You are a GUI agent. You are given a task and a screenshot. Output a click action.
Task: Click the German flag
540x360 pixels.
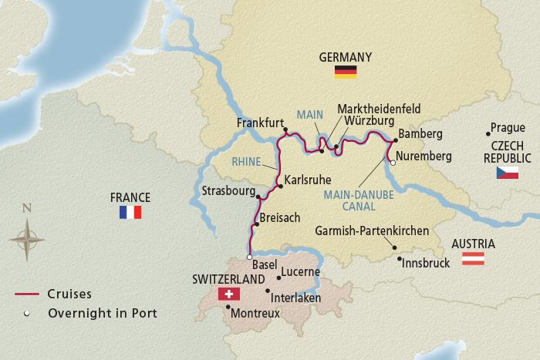[344, 72]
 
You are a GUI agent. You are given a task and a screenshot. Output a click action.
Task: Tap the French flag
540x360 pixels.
[130, 212]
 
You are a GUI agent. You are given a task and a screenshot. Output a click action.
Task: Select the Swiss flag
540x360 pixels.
[229, 294]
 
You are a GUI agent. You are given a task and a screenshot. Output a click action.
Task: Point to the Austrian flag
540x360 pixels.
[472, 259]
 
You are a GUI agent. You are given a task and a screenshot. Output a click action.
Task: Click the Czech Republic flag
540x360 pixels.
[507, 172]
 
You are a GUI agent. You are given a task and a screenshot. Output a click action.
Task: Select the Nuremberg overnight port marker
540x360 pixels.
[392, 163]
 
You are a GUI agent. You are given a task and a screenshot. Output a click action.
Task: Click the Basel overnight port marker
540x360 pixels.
[249, 257]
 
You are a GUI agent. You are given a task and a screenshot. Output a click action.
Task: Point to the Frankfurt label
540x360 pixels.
[259, 122]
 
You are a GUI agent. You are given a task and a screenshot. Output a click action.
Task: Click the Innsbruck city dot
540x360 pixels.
[399, 258]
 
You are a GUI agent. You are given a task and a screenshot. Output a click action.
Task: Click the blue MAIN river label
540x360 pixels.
[309, 113]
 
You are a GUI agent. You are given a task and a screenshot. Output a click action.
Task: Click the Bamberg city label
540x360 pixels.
[422, 134]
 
